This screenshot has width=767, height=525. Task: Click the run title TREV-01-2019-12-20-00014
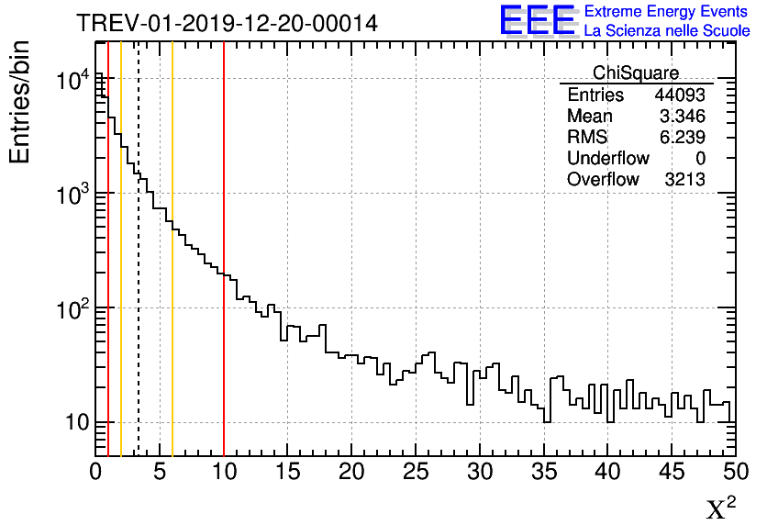point(227,23)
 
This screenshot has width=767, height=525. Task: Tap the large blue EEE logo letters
point(538,21)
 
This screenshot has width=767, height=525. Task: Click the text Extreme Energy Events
point(666,12)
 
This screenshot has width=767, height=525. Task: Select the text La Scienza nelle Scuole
point(667,31)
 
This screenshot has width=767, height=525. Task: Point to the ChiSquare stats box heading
point(636,73)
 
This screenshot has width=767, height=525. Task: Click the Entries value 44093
point(679,95)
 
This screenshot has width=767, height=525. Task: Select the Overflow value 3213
point(684,180)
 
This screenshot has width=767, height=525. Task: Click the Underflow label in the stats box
point(607,159)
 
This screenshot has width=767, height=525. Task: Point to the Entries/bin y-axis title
point(20,102)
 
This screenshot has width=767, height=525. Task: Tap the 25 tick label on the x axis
point(416,473)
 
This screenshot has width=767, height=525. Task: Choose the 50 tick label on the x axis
point(733,473)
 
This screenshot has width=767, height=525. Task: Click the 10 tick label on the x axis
point(224,473)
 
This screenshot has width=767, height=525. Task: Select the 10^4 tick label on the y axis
point(72,82)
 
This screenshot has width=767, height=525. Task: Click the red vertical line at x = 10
point(224,367)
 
